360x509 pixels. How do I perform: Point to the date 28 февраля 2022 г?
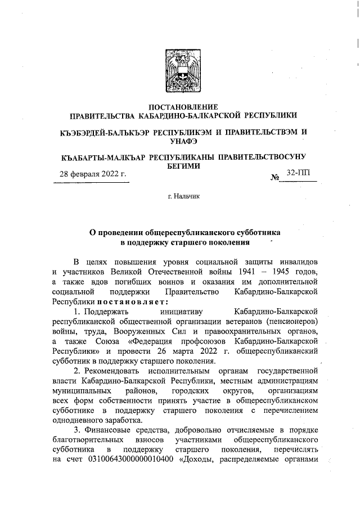pos(93,175)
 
